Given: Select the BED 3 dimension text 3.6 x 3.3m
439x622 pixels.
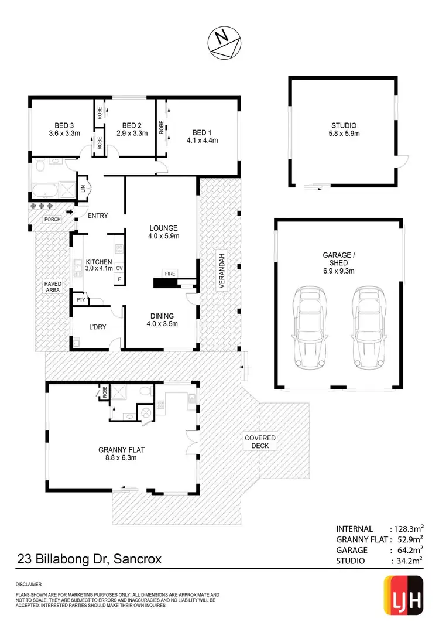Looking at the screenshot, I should coord(64,133).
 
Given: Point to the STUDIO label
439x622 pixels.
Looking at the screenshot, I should coord(344,125).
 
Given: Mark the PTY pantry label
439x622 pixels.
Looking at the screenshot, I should coord(80,300).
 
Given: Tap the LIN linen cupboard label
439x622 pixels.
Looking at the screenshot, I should coord(83,188).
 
